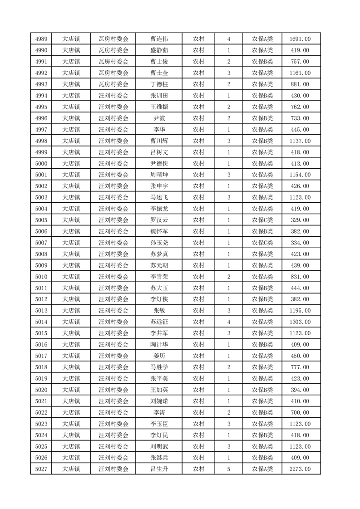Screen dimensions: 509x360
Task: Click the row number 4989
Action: coord(40,39)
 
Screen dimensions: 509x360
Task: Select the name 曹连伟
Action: coord(158,39)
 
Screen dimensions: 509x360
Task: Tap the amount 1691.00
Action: coord(300,39)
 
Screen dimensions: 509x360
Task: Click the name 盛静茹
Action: coord(158,50)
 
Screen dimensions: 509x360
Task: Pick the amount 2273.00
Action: coord(300,469)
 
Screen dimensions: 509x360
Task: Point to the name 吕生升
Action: coord(158,469)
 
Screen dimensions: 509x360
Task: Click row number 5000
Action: coord(40,163)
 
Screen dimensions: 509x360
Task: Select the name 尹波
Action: coord(158,118)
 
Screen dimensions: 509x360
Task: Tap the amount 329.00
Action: coord(300,220)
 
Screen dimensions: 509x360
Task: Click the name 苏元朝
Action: coord(158,265)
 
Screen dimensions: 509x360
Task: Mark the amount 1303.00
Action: coord(300,322)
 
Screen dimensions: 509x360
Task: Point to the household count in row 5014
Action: coord(228,322)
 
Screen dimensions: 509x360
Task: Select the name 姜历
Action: coord(158,356)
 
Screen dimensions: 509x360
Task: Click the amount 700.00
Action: coord(300,412)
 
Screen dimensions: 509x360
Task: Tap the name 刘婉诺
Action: coord(158,401)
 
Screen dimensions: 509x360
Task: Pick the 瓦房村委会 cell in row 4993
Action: coord(113,84)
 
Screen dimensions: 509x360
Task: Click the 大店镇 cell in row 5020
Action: coord(71,390)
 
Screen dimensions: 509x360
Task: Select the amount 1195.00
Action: coord(300,310)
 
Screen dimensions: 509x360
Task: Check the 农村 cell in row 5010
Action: coord(198,276)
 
